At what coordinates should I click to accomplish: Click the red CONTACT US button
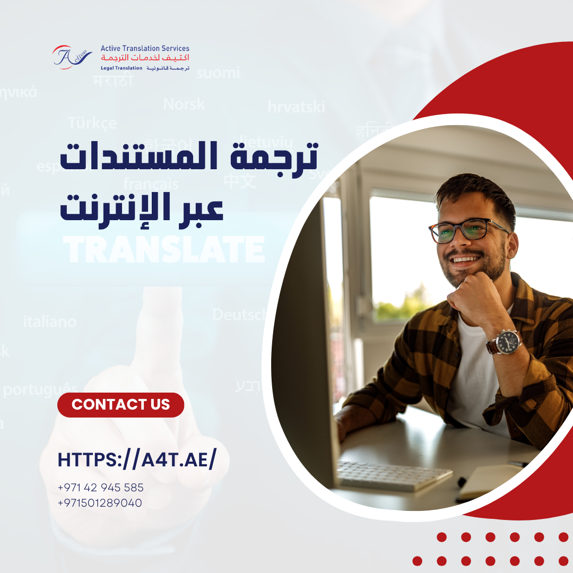[x=120, y=405]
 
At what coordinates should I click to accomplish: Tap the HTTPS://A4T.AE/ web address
[x=137, y=460]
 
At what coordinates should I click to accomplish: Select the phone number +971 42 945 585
[x=100, y=488]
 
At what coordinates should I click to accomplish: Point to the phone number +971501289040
[x=100, y=502]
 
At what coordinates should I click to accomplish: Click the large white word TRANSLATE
[x=164, y=249]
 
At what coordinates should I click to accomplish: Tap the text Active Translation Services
[x=145, y=48]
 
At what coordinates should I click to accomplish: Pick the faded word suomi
[x=218, y=73]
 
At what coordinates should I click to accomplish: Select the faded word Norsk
[x=184, y=104]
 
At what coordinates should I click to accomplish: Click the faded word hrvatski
[x=296, y=107]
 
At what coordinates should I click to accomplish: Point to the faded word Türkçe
[x=92, y=123]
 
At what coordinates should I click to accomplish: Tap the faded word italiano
[x=50, y=322]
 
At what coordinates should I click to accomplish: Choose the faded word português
[x=40, y=390]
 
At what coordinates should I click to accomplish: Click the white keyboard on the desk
[x=394, y=475]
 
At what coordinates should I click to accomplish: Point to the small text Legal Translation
[x=121, y=68]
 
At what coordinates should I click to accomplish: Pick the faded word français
[x=151, y=184]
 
